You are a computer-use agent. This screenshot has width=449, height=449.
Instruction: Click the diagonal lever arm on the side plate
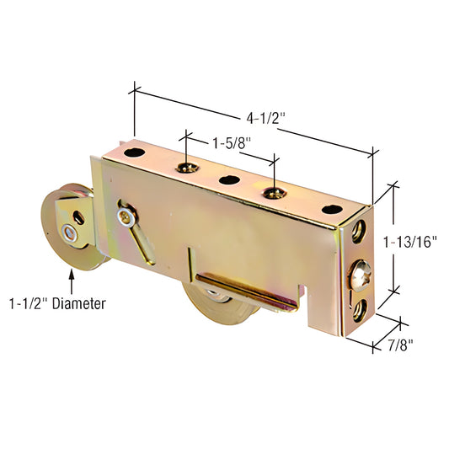[x=141, y=239]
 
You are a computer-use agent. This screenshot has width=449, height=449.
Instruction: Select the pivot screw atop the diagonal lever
[x=126, y=217]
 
